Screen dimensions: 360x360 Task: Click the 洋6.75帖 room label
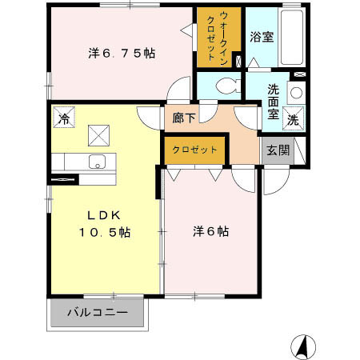click(121, 54)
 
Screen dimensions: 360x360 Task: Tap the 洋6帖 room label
click(210, 231)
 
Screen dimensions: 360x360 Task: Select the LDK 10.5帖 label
click(104, 223)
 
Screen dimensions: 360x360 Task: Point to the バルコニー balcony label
click(97, 312)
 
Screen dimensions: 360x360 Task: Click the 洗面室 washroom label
click(274, 101)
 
